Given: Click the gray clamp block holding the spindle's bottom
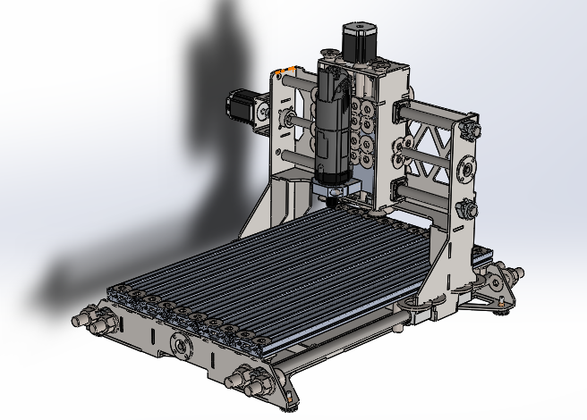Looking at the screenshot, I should (336, 189).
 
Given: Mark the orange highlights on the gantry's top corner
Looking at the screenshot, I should (286, 70).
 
